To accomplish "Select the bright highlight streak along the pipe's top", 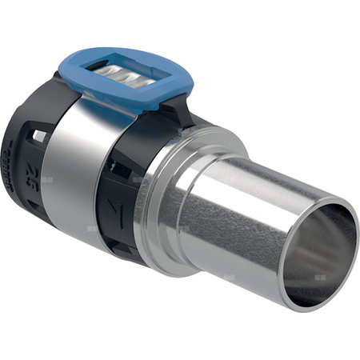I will coord(256,176).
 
